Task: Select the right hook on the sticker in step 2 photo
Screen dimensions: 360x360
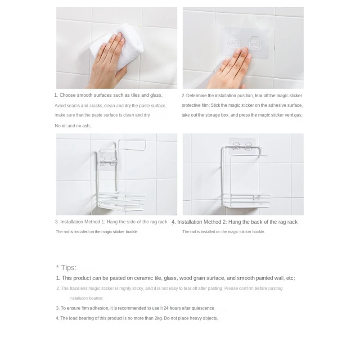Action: point(255,43)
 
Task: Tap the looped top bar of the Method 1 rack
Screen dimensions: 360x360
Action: point(132,144)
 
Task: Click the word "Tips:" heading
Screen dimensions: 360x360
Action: point(69,268)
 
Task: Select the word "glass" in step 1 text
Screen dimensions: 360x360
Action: point(156,95)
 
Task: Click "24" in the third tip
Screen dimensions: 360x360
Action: point(166,308)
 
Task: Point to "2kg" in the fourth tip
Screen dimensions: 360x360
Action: point(158,319)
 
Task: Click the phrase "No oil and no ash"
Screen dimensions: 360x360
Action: point(72,126)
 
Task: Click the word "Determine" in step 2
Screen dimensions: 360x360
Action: point(196,96)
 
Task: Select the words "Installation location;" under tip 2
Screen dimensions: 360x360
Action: point(86,298)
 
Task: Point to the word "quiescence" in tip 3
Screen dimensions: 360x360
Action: point(203,308)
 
